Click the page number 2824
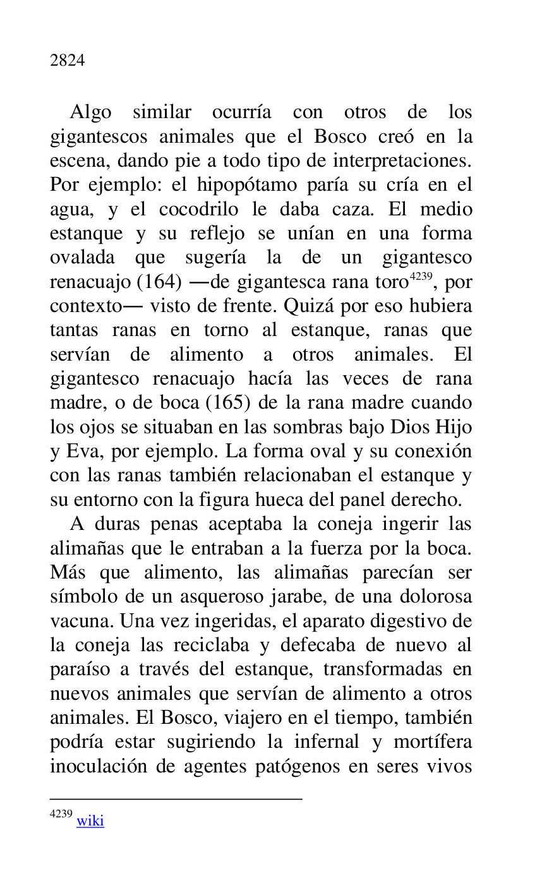pos(68,61)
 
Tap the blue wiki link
pos(90,820)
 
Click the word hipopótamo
pos(238,186)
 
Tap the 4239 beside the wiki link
pos(61,814)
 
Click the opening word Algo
pos(90,112)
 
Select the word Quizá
pos(306,306)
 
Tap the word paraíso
pos(79,670)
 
